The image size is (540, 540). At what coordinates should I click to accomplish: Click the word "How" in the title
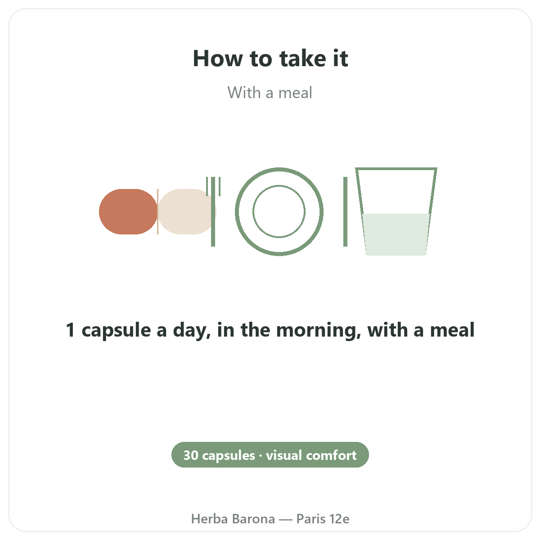pyautogui.click(x=218, y=58)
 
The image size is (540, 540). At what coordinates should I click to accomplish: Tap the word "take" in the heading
pyautogui.click(x=302, y=58)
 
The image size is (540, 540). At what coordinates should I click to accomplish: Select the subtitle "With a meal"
pyautogui.click(x=270, y=93)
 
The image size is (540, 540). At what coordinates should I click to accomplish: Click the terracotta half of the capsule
pyautogui.click(x=128, y=211)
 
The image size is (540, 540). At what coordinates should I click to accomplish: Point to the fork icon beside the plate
pyautogui.click(x=213, y=211)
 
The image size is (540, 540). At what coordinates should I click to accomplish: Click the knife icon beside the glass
pyautogui.click(x=345, y=211)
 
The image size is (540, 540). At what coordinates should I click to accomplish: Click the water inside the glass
pyautogui.click(x=396, y=234)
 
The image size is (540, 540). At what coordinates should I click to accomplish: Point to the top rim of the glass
pyautogui.click(x=396, y=169)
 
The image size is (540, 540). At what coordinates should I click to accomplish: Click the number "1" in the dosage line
pyautogui.click(x=70, y=330)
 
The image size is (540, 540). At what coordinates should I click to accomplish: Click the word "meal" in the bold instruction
pyautogui.click(x=452, y=329)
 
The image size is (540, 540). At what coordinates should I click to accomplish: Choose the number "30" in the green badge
pyautogui.click(x=191, y=455)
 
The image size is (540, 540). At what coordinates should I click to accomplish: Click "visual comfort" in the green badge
pyautogui.click(x=311, y=455)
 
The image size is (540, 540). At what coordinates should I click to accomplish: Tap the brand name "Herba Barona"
pyautogui.click(x=233, y=519)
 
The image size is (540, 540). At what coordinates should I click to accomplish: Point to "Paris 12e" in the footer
pyautogui.click(x=323, y=519)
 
